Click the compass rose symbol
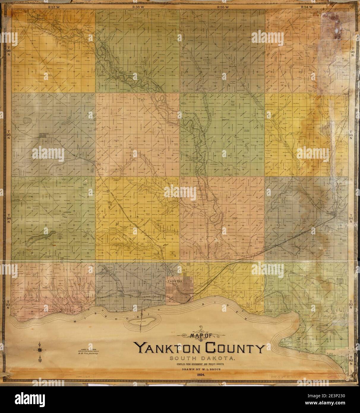coord(39,351)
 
